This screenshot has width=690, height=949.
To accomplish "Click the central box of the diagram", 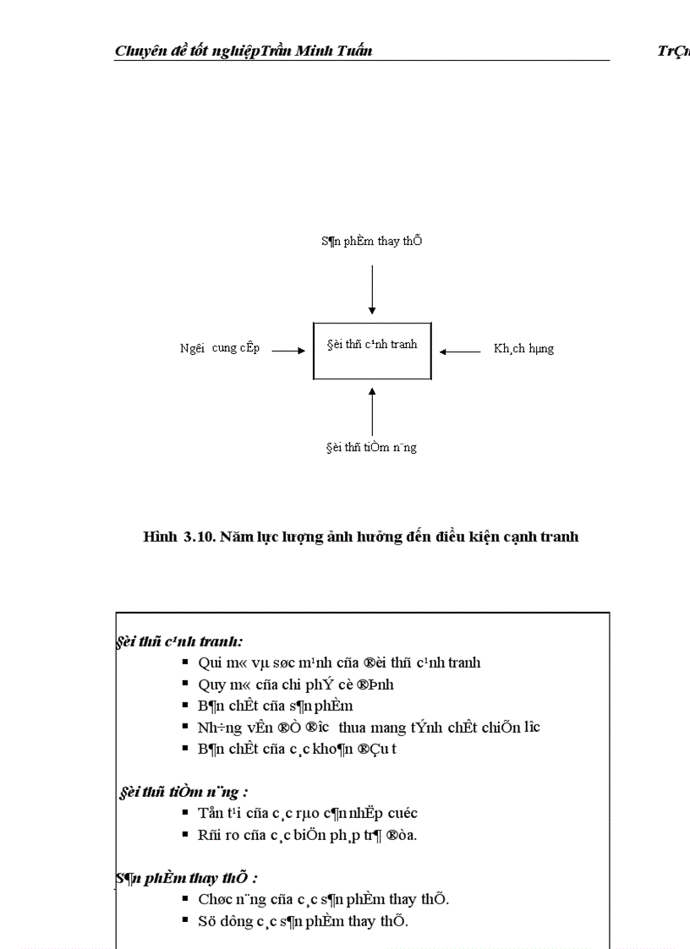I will (x=372, y=351).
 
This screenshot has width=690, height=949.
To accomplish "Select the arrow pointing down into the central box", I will (x=372, y=289).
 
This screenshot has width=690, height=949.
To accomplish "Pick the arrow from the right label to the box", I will (x=461, y=350).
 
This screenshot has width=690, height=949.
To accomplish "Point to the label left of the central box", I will (x=220, y=348).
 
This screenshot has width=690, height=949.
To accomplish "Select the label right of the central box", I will (x=523, y=348).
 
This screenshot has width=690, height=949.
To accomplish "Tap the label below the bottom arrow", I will (x=371, y=447).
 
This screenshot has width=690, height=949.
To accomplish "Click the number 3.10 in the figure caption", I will (x=199, y=537).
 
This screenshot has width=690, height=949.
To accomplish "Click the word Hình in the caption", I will (x=161, y=537).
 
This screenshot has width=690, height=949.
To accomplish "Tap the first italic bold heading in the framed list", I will (x=180, y=641).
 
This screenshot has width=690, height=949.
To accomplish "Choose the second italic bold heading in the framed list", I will (x=183, y=792).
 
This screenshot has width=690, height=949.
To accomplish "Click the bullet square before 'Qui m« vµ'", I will (x=185, y=663).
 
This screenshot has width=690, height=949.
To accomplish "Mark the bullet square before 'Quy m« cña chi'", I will (x=185, y=684).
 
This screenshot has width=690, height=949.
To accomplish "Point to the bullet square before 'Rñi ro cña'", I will (x=185, y=835).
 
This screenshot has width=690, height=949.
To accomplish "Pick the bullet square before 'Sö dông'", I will (x=185, y=920).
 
